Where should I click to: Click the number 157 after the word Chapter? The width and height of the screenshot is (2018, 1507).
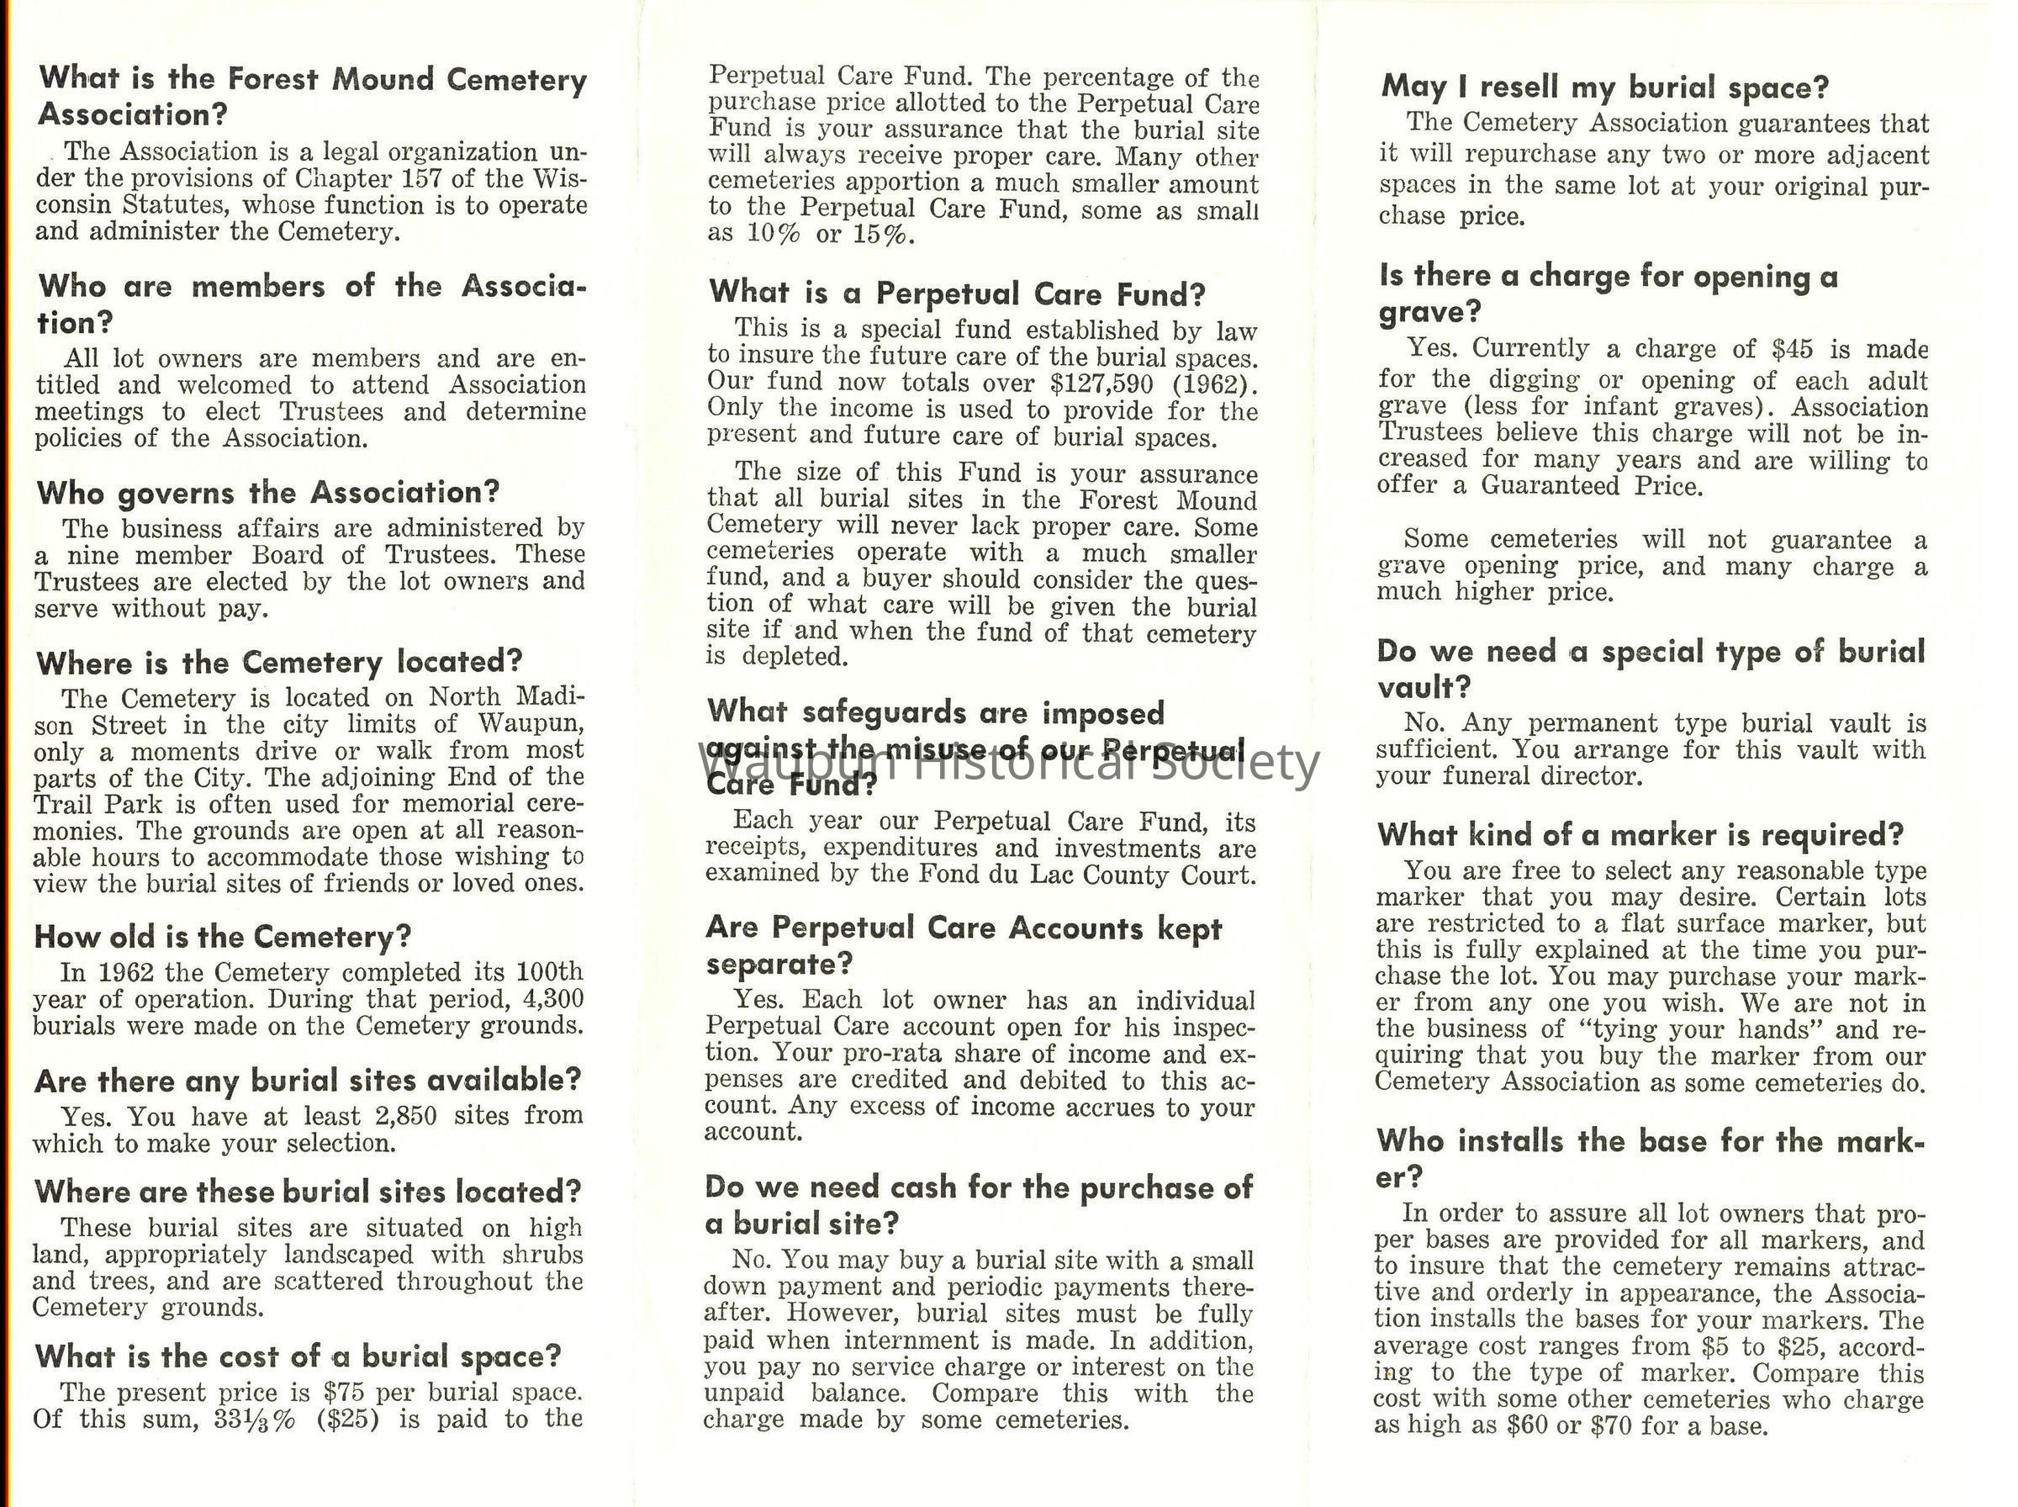tap(422, 178)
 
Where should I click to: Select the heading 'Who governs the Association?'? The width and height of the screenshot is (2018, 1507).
tap(268, 493)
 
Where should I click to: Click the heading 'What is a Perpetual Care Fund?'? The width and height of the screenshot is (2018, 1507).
tap(957, 293)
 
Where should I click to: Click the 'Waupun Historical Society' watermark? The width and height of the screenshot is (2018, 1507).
tap(1007, 764)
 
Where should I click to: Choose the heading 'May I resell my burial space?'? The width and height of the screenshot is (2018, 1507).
tap(1605, 87)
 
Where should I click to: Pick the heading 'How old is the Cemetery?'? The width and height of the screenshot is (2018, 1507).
tap(223, 936)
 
